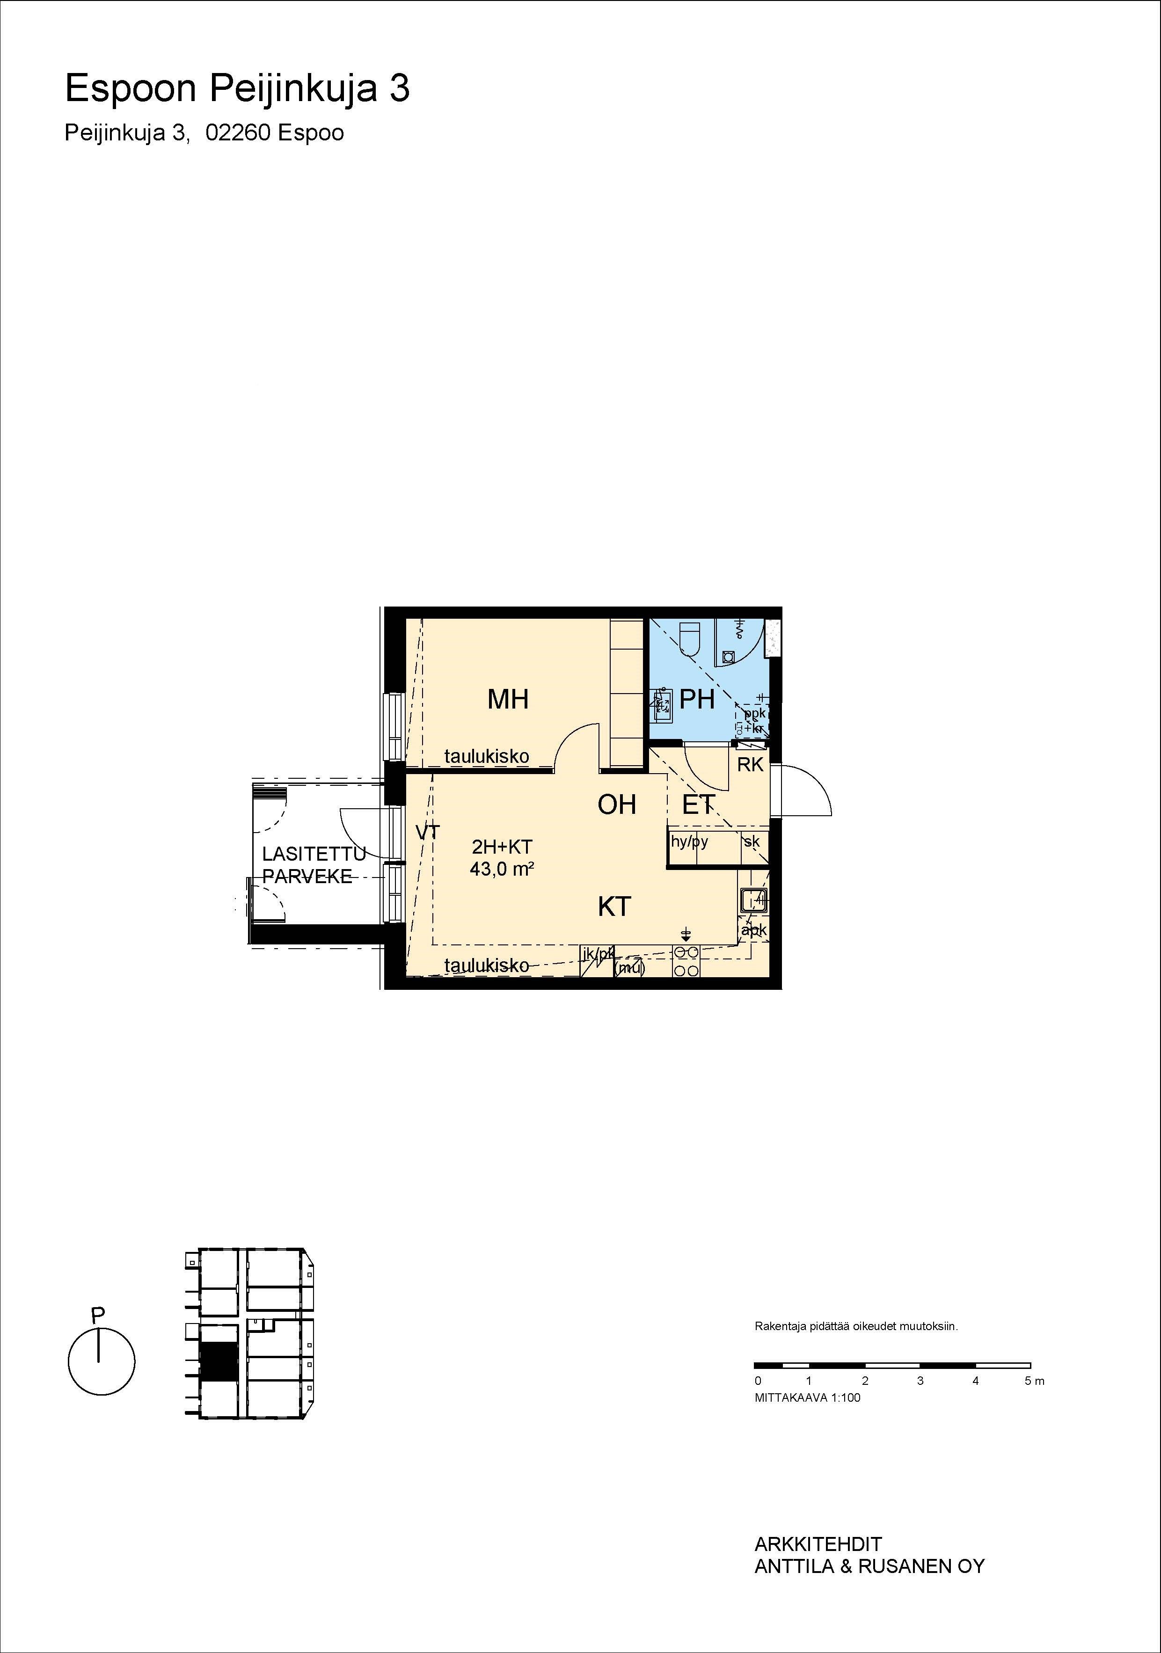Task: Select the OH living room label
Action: click(x=617, y=804)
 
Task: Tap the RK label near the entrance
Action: click(x=750, y=765)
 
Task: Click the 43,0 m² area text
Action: click(x=502, y=869)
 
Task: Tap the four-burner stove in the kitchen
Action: click(x=686, y=961)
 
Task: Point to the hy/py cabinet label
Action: click(x=690, y=841)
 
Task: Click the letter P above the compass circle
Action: click(x=98, y=1314)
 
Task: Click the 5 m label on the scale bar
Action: click(x=1034, y=1381)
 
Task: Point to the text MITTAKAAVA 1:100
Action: click(x=808, y=1397)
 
